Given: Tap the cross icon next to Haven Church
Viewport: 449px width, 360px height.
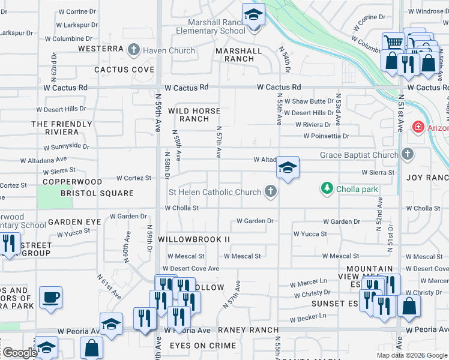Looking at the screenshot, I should click(133, 50).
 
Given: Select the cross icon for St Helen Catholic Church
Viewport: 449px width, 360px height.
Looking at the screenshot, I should click(271, 192).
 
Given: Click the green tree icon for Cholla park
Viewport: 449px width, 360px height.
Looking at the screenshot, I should click(327, 189).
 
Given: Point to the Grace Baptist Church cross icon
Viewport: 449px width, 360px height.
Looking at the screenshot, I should click(408, 155).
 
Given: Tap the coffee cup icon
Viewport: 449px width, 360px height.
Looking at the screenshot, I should click(50, 297).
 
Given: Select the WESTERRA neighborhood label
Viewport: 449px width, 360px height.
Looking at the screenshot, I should click(100, 48).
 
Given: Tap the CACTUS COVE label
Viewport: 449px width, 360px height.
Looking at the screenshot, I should click(124, 70).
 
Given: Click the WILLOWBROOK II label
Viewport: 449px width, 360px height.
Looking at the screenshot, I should click(194, 239).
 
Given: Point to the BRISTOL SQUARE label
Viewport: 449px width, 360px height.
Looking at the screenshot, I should click(97, 193).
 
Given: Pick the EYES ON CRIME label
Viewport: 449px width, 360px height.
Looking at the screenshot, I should click(203, 346).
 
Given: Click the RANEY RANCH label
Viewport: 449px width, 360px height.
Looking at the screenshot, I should click(249, 330).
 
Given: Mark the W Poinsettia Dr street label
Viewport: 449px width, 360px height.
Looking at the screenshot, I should click(326, 136).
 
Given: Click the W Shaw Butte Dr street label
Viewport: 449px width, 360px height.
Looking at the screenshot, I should click(309, 101).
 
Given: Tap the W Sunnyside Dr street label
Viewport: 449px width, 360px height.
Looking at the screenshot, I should click(66, 146).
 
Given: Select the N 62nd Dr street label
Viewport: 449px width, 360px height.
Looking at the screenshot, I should click(54, 62).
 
